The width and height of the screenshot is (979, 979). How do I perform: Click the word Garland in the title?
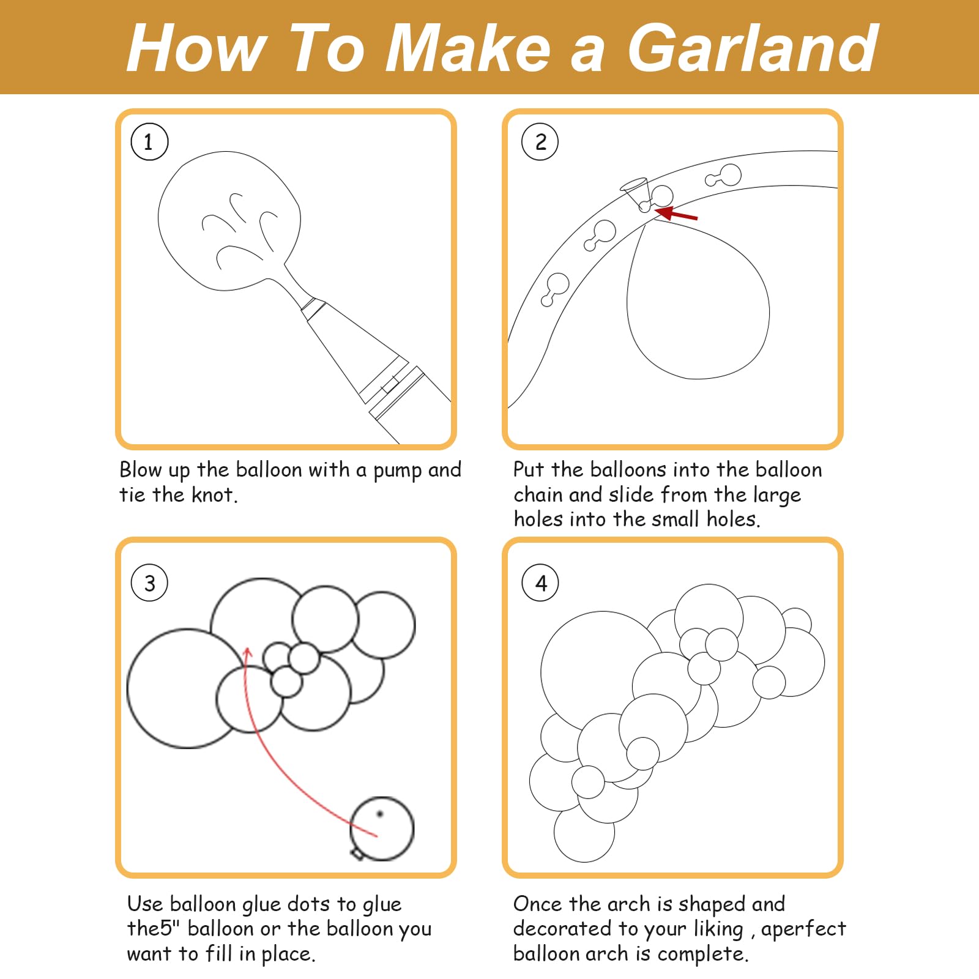click(753, 48)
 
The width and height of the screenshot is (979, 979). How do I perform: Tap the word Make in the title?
click(469, 48)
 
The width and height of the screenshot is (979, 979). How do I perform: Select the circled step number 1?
click(149, 142)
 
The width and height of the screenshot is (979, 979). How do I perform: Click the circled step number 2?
click(540, 142)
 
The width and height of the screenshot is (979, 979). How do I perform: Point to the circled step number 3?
click(149, 583)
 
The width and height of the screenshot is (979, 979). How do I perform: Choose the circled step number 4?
click(540, 583)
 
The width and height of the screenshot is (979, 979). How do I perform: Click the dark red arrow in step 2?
click(676, 214)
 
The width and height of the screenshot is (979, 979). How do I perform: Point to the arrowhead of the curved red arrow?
click(247, 653)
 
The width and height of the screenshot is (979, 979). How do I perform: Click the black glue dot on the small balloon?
click(379, 814)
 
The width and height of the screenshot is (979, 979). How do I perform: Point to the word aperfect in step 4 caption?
click(803, 929)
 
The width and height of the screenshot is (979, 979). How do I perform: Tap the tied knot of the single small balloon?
click(357, 853)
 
